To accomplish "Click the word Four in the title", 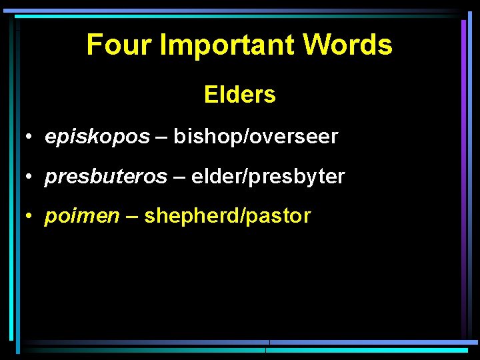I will click(x=113, y=45).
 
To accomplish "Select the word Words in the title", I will click(x=347, y=45).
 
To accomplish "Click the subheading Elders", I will click(x=240, y=95).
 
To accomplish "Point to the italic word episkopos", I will click(x=97, y=137).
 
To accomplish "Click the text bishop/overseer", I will click(x=256, y=137).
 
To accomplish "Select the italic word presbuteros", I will click(x=106, y=177).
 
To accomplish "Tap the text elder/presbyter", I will click(x=268, y=177).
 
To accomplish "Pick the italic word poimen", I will click(x=82, y=216).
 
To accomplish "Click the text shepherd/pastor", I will click(x=227, y=216).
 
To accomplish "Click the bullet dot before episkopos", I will click(x=31, y=138).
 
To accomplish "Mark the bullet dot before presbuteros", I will click(x=31, y=177).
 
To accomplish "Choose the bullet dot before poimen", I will click(x=31, y=217).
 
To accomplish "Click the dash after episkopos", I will click(x=161, y=138).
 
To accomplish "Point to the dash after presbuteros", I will click(x=179, y=177).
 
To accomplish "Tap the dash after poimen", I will click(x=131, y=217).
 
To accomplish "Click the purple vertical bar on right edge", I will click(x=463, y=173).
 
